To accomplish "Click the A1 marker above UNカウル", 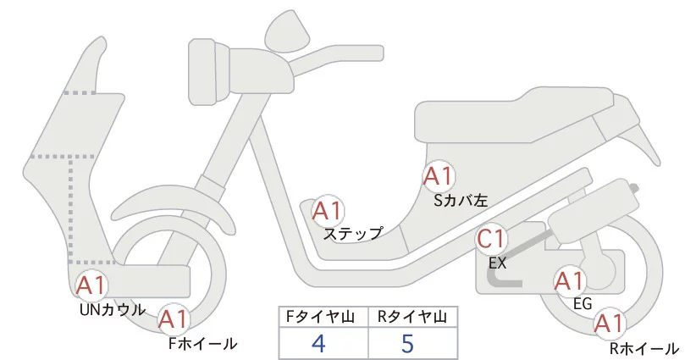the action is click(x=91, y=286).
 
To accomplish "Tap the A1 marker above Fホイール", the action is click(x=174, y=319).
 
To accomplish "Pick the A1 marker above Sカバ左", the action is click(x=439, y=177).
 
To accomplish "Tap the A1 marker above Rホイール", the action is click(x=609, y=323).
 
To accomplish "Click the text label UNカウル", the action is click(x=112, y=309).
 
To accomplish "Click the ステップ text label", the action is click(x=353, y=233).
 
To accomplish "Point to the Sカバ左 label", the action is click(x=460, y=201).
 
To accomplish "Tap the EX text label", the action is click(x=497, y=263).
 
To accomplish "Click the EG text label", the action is click(x=582, y=302).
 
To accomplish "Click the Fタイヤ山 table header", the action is click(x=324, y=317).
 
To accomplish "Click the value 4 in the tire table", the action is click(x=318, y=343).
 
